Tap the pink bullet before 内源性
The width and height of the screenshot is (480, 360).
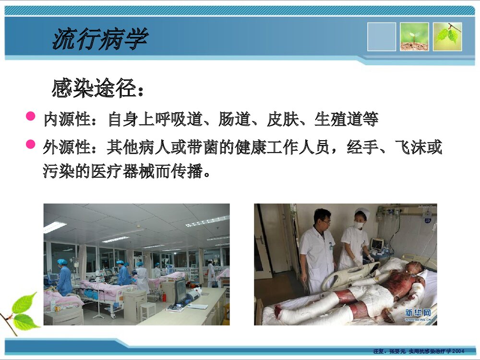click(x=31, y=116)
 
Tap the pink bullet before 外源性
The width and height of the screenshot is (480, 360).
click(x=31, y=144)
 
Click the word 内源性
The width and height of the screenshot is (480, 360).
click(x=67, y=120)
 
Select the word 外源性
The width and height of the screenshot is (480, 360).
click(x=67, y=147)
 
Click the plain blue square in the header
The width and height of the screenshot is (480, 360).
click(x=382, y=36)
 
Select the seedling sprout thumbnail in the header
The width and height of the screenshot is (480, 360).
click(x=414, y=36)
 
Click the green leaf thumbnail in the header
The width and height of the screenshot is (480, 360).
click(x=447, y=36)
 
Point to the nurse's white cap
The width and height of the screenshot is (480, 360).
click(x=362, y=212)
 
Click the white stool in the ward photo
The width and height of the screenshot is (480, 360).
click(x=148, y=310)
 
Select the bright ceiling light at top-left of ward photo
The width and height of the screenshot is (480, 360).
click(x=55, y=227)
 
